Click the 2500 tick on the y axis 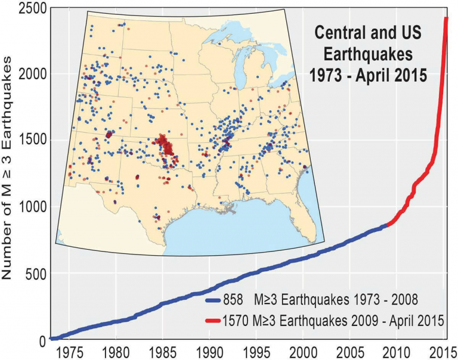[x=26, y=8]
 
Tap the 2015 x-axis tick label [x=443, y=350]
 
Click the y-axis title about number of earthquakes [x=10, y=173]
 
